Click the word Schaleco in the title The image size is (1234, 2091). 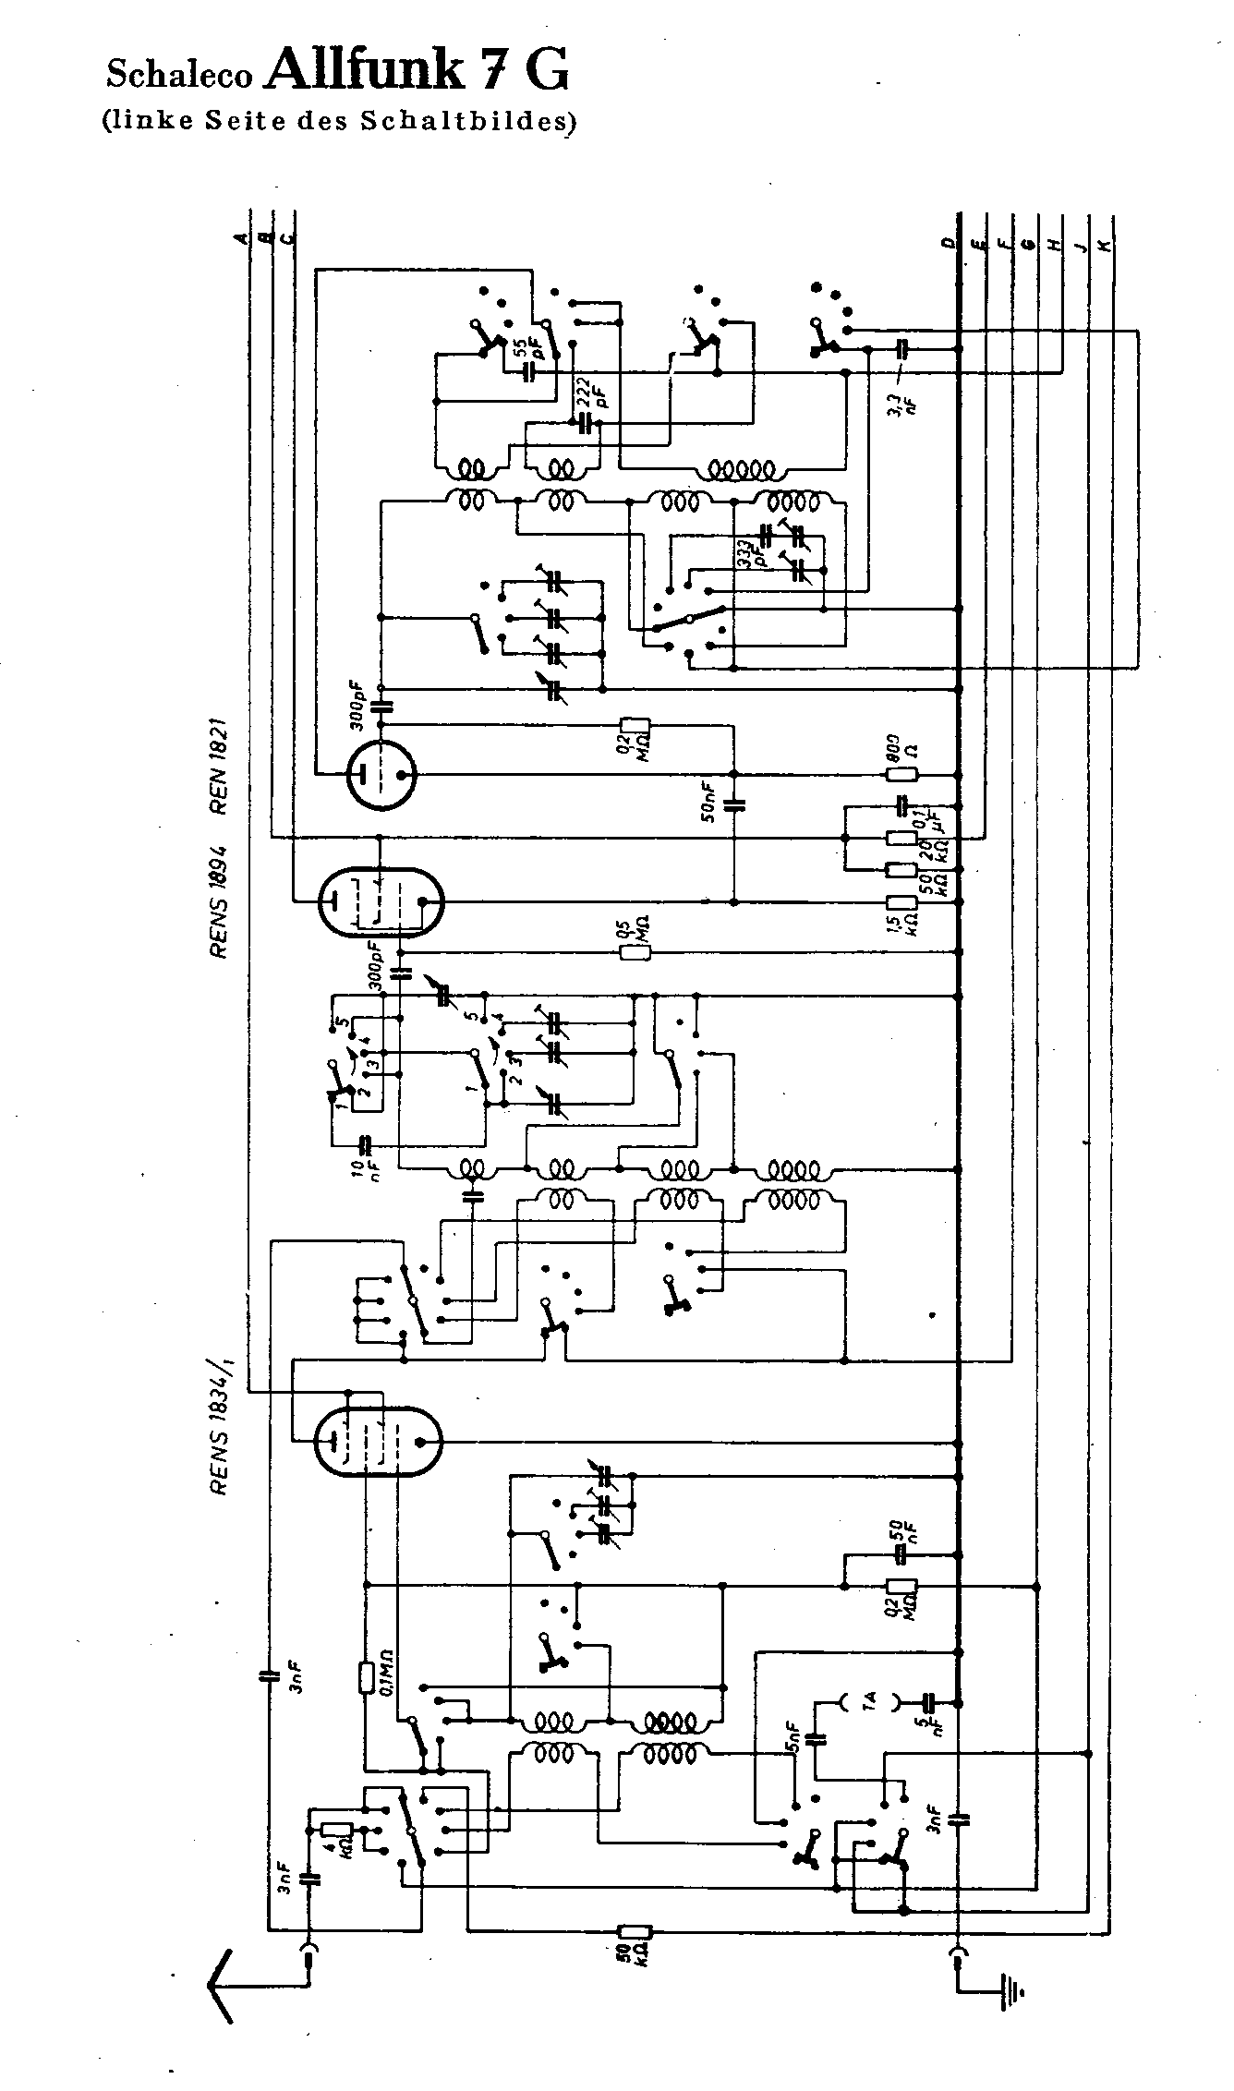[x=179, y=75]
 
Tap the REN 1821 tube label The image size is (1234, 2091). [x=220, y=768]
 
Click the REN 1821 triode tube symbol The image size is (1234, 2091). [x=381, y=774]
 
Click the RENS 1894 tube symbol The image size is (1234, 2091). [x=380, y=900]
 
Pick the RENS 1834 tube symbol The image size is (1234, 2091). [x=378, y=1440]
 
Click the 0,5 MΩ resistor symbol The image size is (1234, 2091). [x=635, y=950]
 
